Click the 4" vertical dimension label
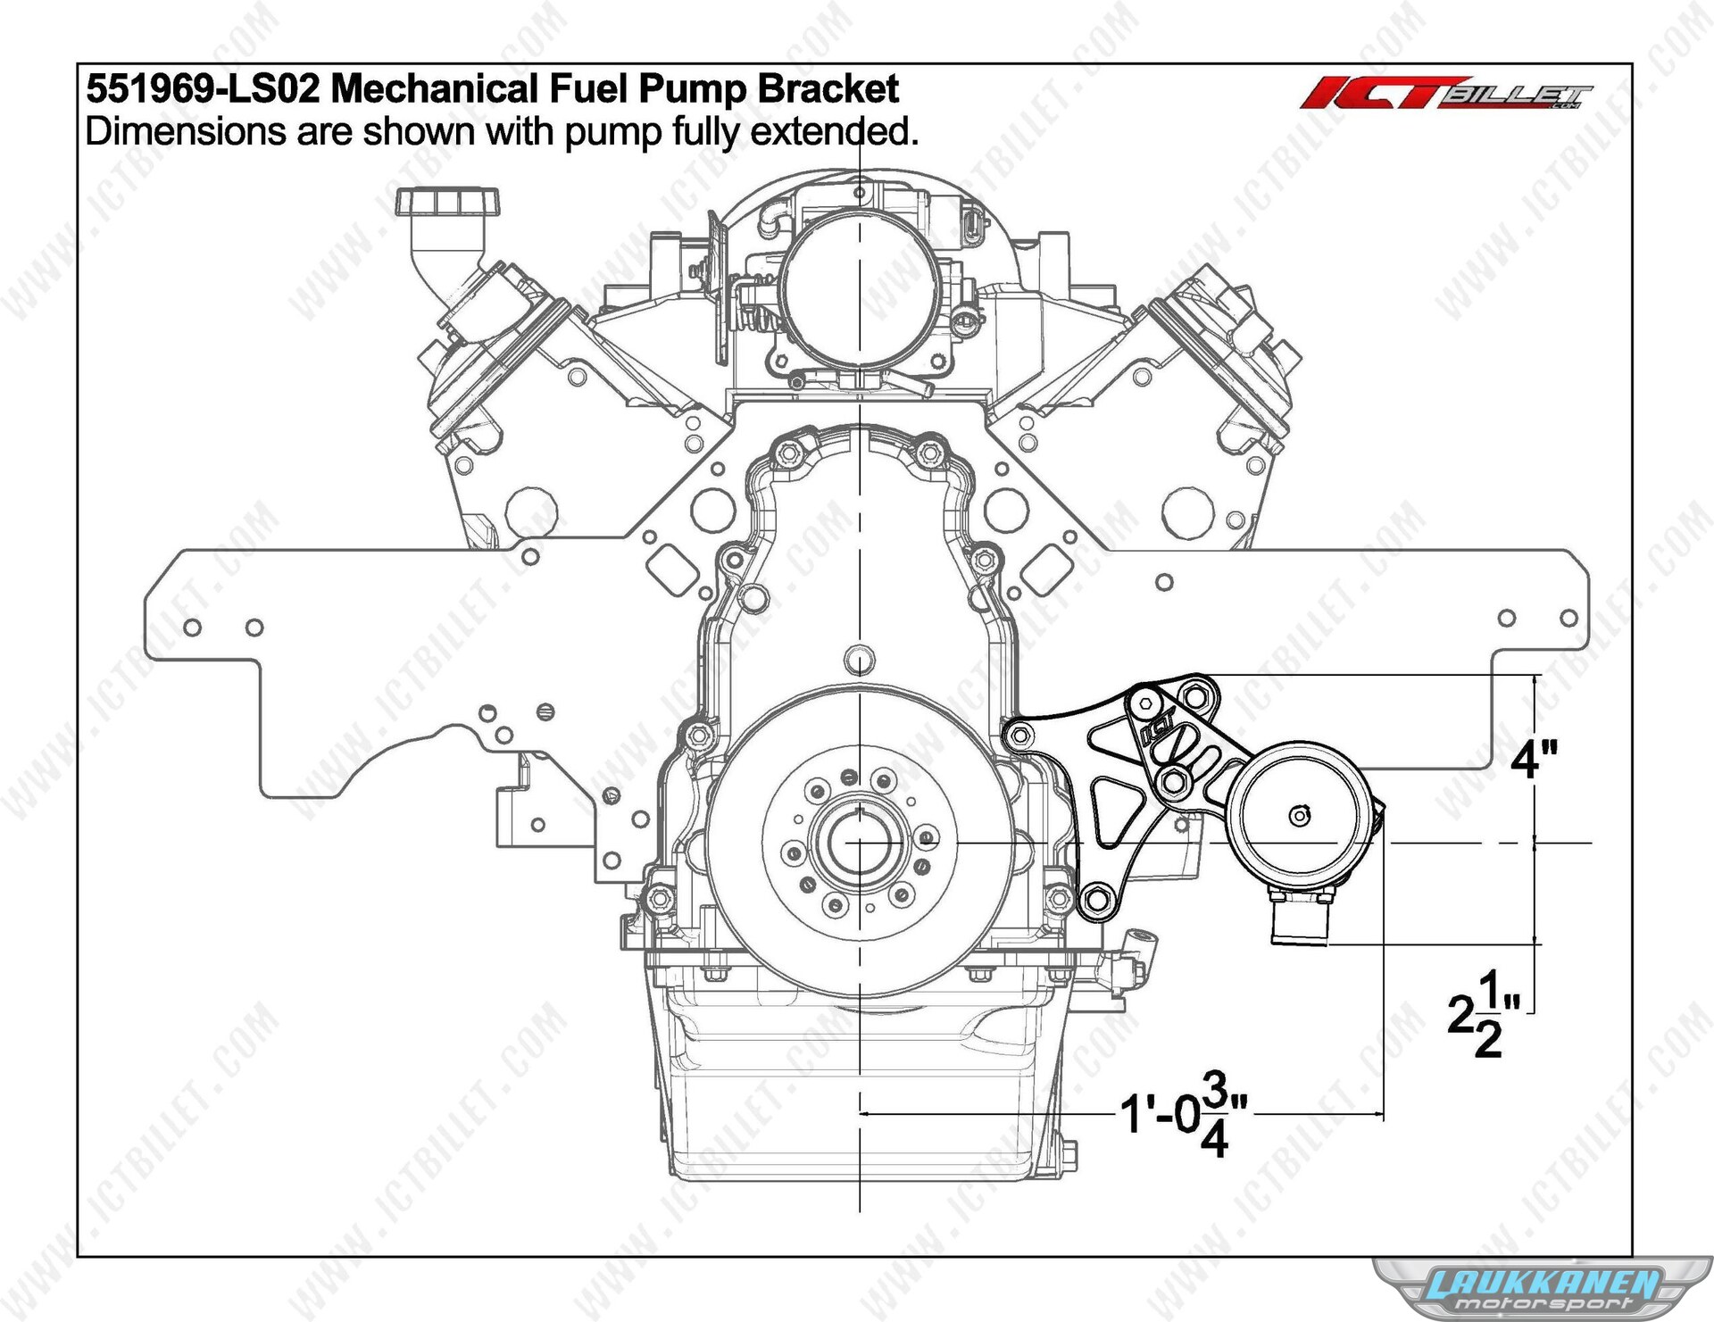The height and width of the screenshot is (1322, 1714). pyautogui.click(x=1535, y=761)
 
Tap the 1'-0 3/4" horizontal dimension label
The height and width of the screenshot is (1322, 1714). pyautogui.click(x=1184, y=1114)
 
